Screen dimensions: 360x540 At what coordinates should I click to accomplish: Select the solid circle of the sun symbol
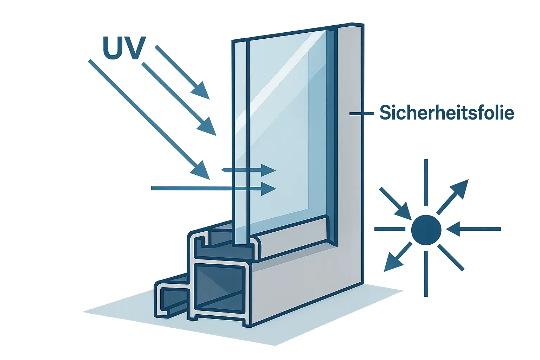[426, 230]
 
